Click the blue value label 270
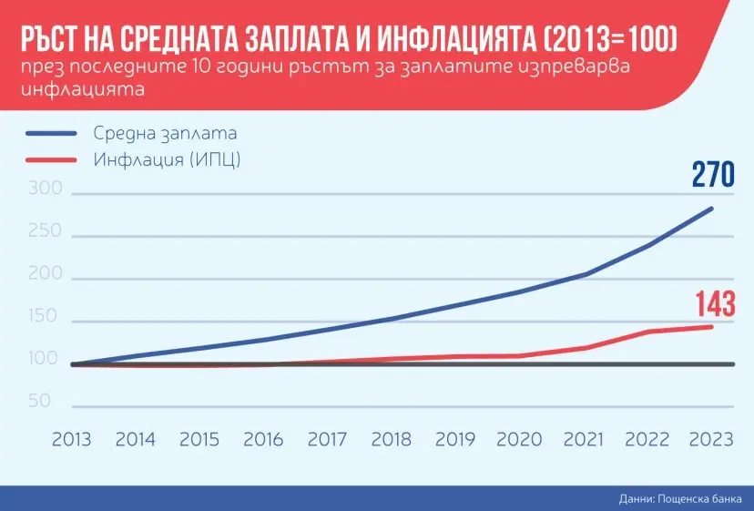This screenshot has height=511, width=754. [x=712, y=173]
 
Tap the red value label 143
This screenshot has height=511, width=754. [x=714, y=303]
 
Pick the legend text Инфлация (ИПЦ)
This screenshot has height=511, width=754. [x=172, y=159]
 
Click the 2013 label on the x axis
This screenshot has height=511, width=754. [x=71, y=439]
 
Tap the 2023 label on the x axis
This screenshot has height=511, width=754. [x=711, y=439]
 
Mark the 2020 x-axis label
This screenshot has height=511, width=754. [x=519, y=439]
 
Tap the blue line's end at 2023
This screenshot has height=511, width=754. [x=712, y=209]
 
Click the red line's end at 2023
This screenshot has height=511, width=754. [x=712, y=326]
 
